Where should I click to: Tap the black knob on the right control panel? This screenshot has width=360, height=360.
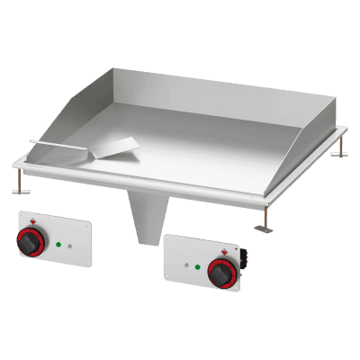pos(219,273)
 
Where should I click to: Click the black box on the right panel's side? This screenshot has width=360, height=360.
pos(243,267)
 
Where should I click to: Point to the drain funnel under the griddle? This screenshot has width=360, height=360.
pos(151,220)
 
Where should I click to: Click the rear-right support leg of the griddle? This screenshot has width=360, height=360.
pos(340,151)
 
